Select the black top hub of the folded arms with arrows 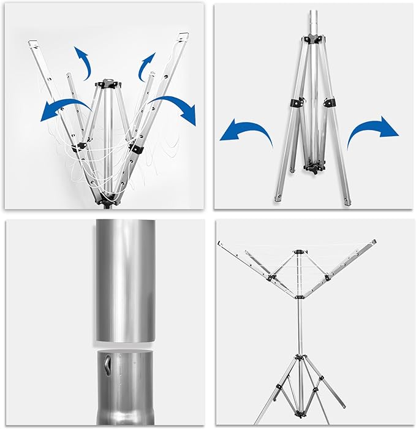[108, 83]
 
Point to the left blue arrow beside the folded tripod [246, 131]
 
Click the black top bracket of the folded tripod [312, 39]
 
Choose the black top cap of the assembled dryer [298, 252]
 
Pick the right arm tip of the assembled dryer [373, 243]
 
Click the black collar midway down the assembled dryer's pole [298, 297]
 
